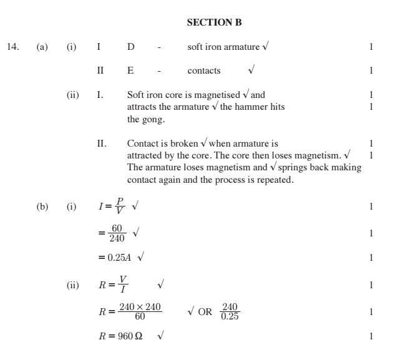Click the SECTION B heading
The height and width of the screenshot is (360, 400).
[214, 22]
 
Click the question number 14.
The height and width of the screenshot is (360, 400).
[13, 47]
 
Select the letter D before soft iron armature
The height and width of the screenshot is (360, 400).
[130, 47]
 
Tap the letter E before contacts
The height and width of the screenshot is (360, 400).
[130, 71]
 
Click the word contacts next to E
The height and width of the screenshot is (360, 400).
[204, 71]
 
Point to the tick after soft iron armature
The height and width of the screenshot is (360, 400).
[266, 46]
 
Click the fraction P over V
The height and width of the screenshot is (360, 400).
[120, 207]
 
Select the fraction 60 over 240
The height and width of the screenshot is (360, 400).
[117, 233]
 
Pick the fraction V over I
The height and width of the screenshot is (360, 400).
[124, 285]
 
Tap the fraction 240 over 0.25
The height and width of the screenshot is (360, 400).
[230, 311]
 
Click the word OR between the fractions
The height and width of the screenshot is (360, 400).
[205, 312]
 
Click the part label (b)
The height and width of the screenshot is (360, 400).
[42, 207]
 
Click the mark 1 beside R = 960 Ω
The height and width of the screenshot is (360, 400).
[371, 336]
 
